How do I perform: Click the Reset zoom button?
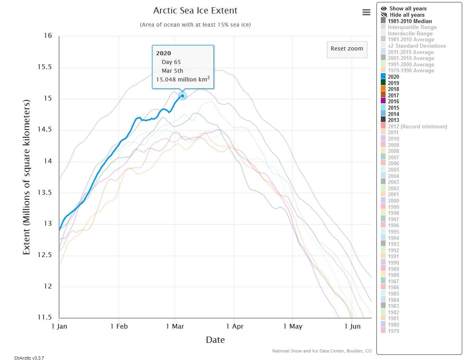coord(347,49)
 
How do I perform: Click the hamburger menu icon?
coord(366,12)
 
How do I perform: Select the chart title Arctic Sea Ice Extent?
coord(195,10)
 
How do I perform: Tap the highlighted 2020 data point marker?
coord(182,96)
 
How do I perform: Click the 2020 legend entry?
coord(393,77)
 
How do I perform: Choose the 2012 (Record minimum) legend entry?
coord(417,126)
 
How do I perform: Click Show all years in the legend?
coord(407,8)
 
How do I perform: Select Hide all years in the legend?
coord(407,15)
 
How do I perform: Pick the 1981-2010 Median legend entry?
coord(409,21)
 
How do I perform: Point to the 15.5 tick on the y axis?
coord(44,67)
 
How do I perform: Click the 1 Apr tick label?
coord(235,326)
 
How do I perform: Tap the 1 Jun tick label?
coord(352,326)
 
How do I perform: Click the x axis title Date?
coord(215,340)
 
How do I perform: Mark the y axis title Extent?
coord(27,177)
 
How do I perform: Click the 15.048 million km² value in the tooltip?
coord(183,79)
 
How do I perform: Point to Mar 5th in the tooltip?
coord(172,71)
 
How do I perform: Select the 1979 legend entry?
coord(393,331)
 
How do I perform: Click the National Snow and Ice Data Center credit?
coord(322,351)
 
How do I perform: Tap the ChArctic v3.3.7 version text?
coord(29,358)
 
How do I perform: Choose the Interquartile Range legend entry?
coord(412,27)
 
